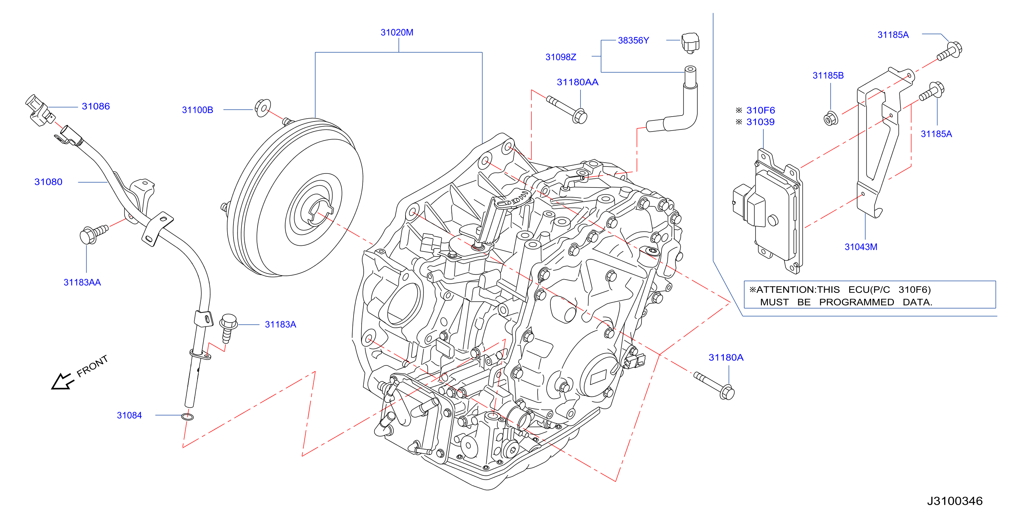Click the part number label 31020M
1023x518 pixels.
point(397,32)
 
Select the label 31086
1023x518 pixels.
point(96,106)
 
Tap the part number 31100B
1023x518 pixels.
point(197,110)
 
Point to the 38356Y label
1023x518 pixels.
point(633,40)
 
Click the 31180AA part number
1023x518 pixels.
point(577,82)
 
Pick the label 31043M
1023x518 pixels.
point(861,247)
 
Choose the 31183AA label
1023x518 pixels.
point(82,282)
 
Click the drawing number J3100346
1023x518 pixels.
point(955,501)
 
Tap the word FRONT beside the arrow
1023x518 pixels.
point(92,366)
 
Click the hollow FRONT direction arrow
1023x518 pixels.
point(62,382)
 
